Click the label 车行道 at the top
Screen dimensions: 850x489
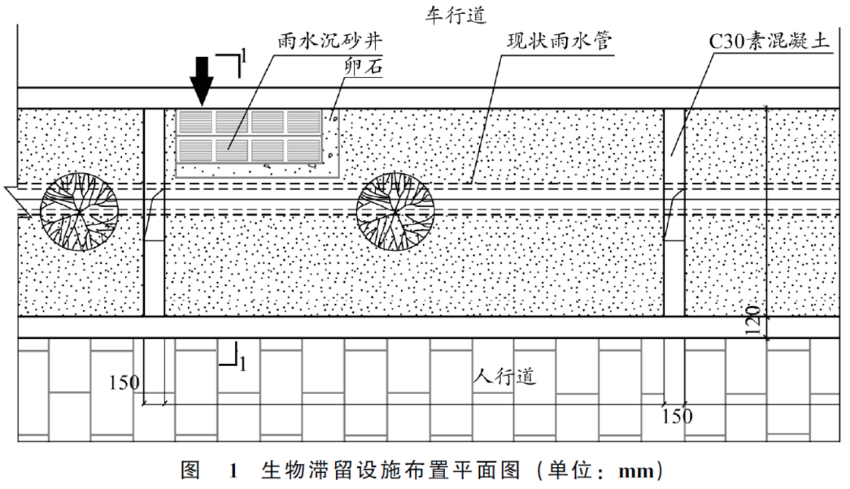coord(455,15)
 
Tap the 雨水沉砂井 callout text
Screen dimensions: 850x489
coord(330,41)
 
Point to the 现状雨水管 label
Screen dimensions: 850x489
coord(560,41)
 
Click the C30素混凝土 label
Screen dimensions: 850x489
coord(770,41)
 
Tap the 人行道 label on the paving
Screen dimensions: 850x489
coord(504,375)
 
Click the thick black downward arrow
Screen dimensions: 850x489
coord(202,80)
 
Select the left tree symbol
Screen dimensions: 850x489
coord(80,212)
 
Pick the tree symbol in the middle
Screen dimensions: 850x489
coord(395,212)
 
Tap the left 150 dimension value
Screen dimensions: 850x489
coord(124,383)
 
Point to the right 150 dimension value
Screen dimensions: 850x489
coord(677,417)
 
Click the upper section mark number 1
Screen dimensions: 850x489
coord(244,56)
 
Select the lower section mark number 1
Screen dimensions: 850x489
coord(242,363)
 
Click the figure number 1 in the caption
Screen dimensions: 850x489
coord(233,471)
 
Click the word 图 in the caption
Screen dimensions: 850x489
coord(190,471)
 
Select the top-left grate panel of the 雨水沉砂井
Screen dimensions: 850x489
coord(195,122)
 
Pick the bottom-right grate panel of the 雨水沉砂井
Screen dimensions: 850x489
coord(304,151)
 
